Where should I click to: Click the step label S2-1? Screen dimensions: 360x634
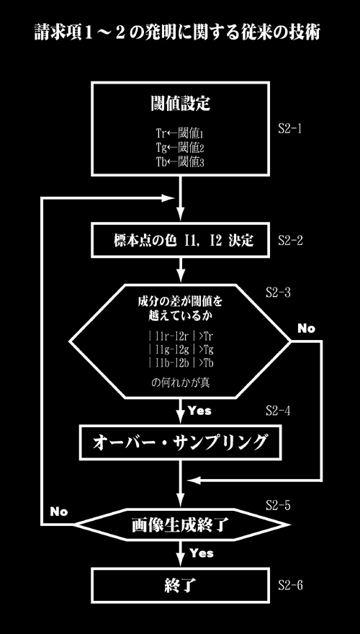tap(289, 130)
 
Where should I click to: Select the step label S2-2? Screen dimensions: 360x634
tap(290, 240)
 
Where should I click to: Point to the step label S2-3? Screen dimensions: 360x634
tap(278, 293)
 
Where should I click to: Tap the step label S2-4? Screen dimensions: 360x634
tap(278, 411)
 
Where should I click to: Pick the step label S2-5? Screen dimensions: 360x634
tap(278, 504)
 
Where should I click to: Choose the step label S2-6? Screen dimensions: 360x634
tap(290, 585)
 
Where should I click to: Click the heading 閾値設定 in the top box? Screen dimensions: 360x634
tap(180, 104)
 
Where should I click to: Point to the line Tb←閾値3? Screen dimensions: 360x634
tap(181, 161)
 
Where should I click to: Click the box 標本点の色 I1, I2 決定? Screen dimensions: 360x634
tap(180, 240)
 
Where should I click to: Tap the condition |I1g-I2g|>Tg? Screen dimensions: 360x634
tap(181, 349)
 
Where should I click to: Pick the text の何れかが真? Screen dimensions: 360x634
tap(180, 383)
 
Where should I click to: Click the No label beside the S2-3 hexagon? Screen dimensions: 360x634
tap(306, 329)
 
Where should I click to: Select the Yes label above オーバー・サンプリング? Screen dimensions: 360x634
tap(199, 411)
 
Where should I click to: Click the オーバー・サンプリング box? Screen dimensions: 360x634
tap(180, 443)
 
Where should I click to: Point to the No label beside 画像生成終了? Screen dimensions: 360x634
tap(59, 512)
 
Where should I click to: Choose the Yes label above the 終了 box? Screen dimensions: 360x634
tap(201, 553)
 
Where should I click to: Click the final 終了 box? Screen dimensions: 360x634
tap(180, 585)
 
